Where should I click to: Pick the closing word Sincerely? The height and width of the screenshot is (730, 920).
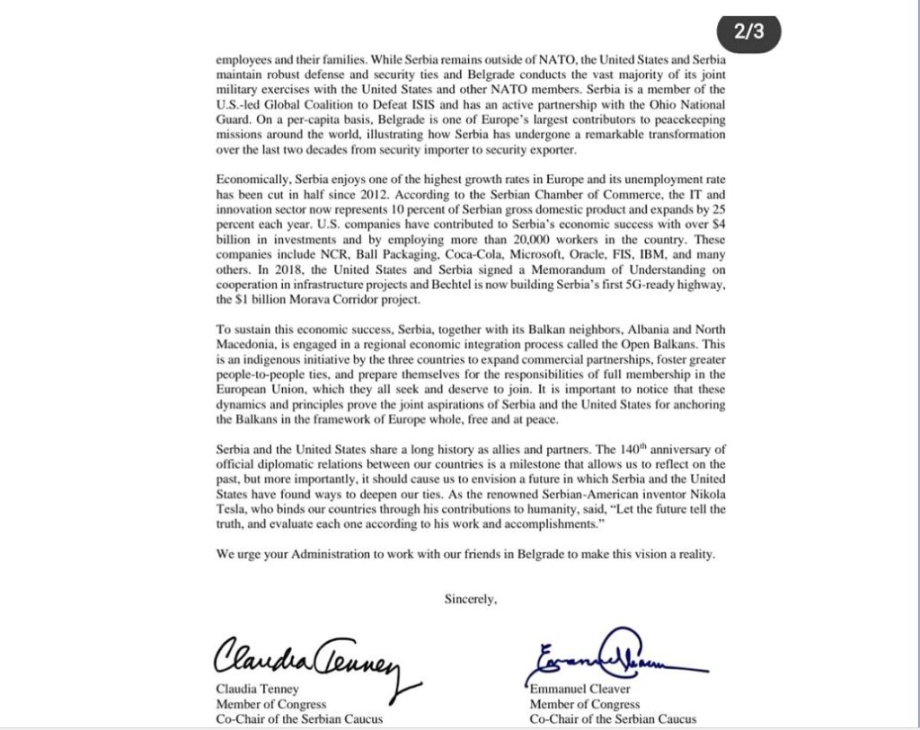[470, 599]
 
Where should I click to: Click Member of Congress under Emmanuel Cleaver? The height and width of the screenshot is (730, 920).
[584, 705]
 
